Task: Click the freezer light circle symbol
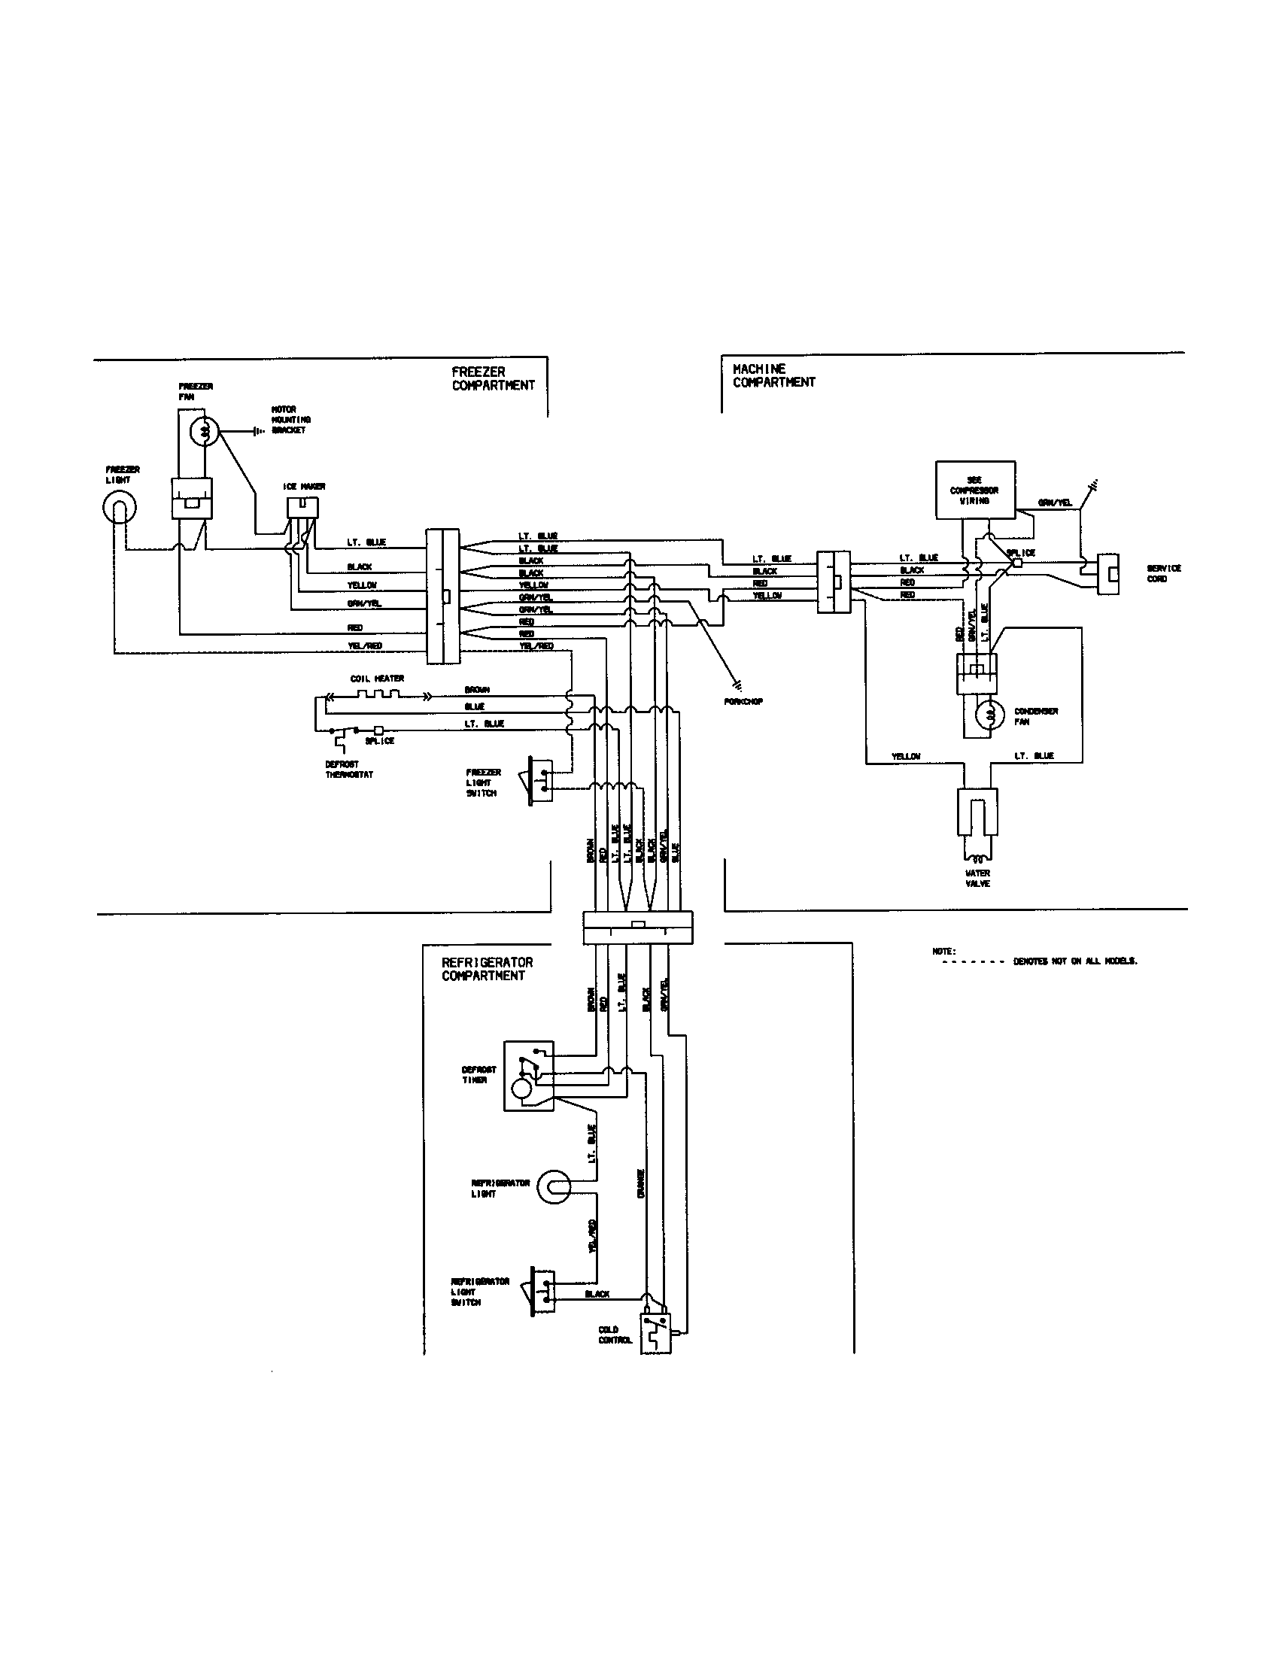(118, 508)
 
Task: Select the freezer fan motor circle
(204, 433)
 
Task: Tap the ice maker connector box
(302, 506)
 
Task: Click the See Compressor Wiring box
(974, 490)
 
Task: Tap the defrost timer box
(529, 1075)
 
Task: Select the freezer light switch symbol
(540, 782)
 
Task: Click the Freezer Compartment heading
(493, 379)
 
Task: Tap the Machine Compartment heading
(773, 376)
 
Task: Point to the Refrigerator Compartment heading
(487, 968)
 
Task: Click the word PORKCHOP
(743, 702)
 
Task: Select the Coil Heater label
(377, 679)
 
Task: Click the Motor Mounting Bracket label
(290, 420)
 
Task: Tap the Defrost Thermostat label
(348, 770)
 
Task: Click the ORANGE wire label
(641, 1183)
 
